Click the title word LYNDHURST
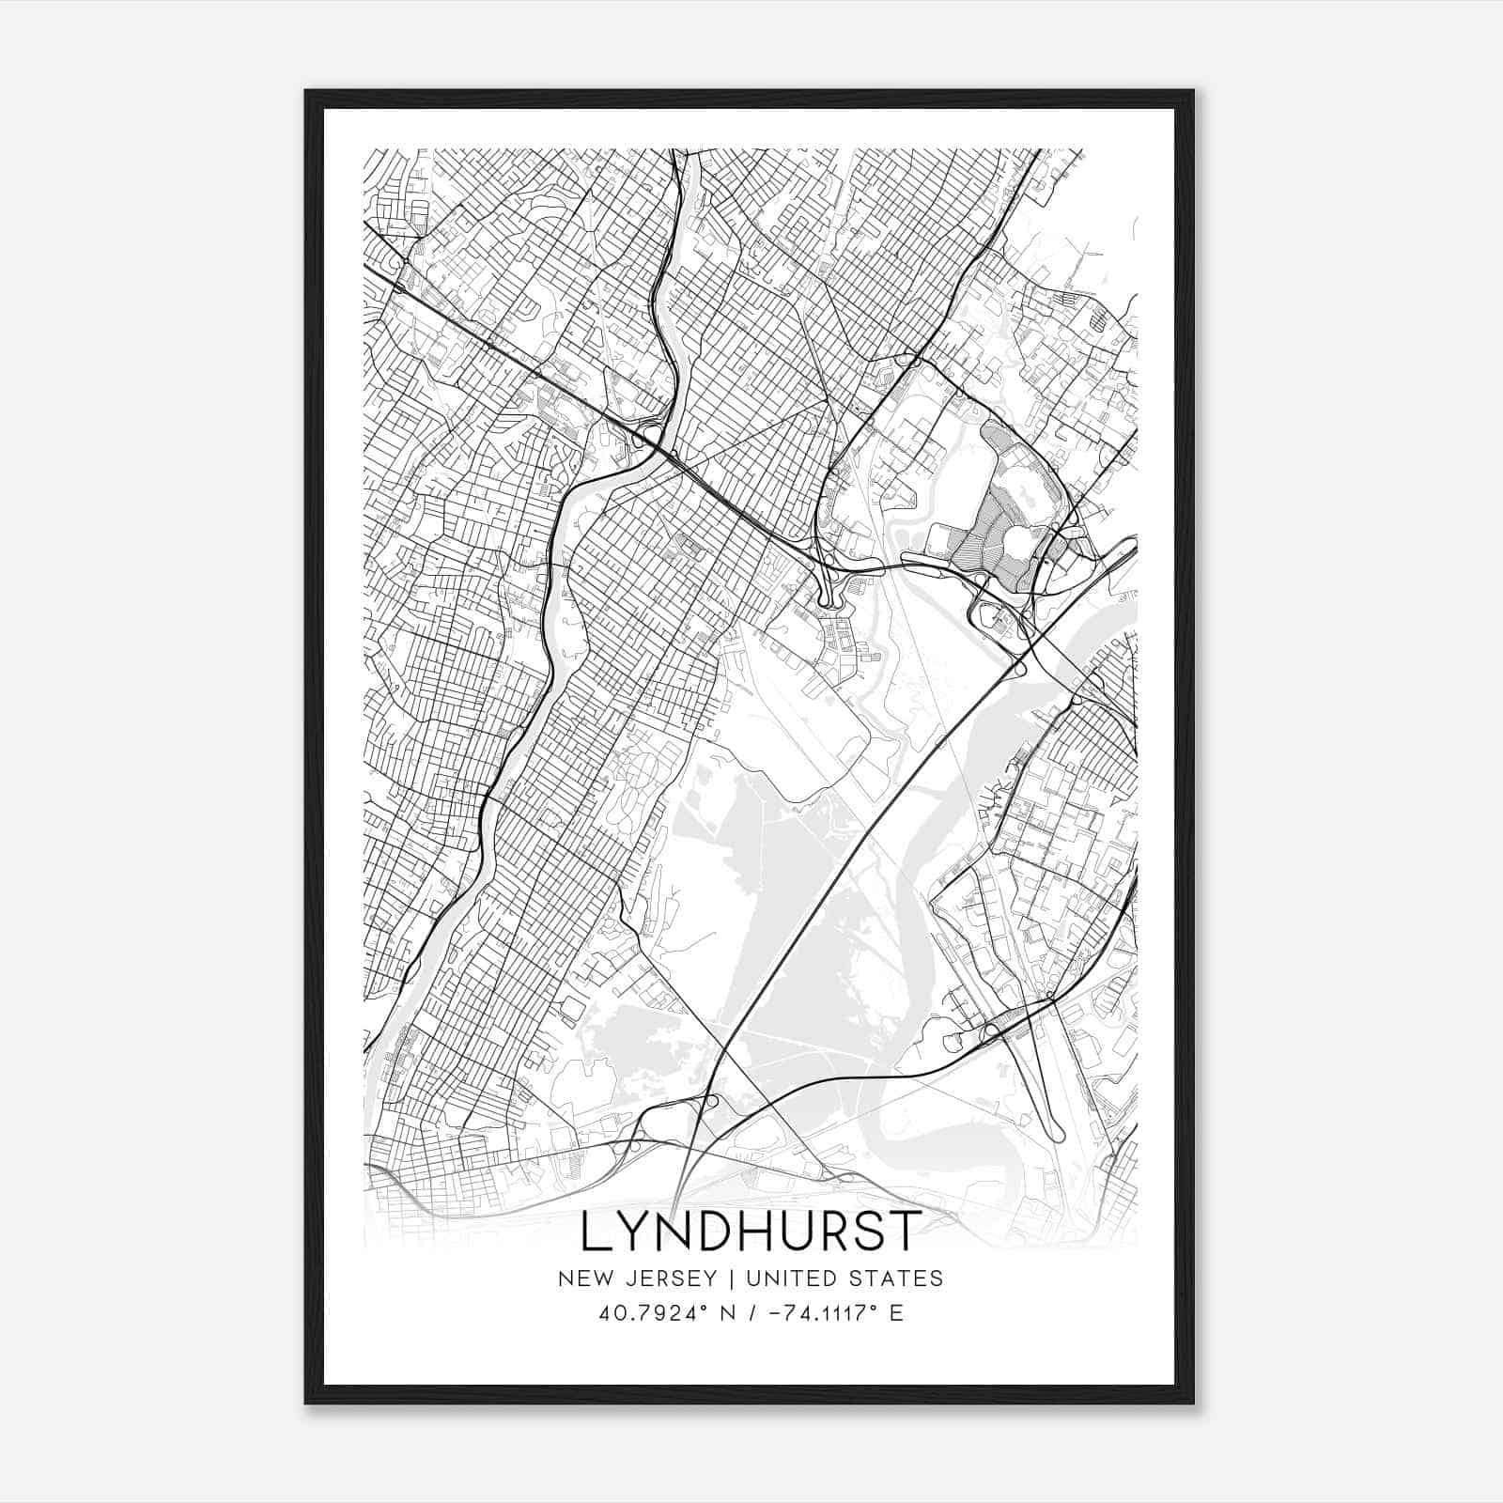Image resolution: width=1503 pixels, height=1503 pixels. pos(750,1232)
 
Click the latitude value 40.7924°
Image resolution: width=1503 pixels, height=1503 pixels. pos(645,1313)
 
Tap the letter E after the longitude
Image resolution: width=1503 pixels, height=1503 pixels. pos(896,1313)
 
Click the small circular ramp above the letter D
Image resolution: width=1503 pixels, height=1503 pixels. pos(711,1101)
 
